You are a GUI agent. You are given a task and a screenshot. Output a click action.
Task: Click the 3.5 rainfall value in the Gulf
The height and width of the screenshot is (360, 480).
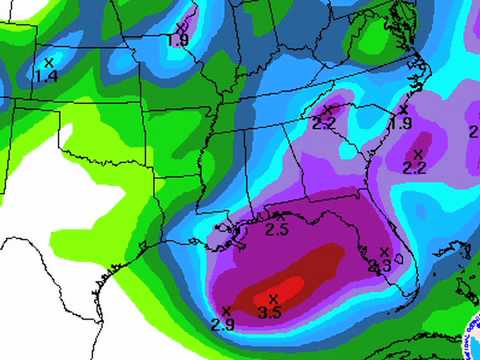click(x=269, y=314)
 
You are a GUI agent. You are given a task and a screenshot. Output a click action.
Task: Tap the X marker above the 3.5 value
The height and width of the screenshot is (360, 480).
click(x=272, y=298)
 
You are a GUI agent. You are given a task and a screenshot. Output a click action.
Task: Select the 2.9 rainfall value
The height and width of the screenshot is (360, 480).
click(x=223, y=324)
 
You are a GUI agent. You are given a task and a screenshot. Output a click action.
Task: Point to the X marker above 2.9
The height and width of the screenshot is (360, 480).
click(x=227, y=310)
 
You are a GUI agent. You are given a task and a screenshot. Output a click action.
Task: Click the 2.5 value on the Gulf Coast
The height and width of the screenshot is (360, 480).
click(x=278, y=231)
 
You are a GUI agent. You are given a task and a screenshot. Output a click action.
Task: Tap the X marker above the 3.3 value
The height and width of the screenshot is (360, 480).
click(x=386, y=251)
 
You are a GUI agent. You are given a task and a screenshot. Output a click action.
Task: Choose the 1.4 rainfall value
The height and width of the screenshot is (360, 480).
click(x=45, y=76)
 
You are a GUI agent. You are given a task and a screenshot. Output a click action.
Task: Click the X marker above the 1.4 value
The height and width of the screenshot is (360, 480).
click(x=48, y=62)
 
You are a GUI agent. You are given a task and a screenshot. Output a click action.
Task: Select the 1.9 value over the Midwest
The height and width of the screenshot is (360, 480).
click(x=178, y=40)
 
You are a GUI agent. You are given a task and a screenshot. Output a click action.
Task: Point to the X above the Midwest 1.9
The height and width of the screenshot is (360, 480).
click(x=180, y=26)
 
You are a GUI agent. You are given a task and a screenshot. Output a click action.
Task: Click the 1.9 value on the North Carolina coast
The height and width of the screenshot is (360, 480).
click(x=401, y=123)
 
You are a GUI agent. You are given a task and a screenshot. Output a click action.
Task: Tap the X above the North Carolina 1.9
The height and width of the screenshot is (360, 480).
click(x=404, y=109)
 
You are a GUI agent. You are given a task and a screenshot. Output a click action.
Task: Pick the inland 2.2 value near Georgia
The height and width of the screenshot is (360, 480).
click(x=323, y=123)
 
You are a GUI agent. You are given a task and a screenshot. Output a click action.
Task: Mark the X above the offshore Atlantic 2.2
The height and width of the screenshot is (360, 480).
click(x=418, y=153)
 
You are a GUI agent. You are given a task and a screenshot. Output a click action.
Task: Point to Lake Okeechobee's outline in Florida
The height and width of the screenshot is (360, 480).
click(x=400, y=257)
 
